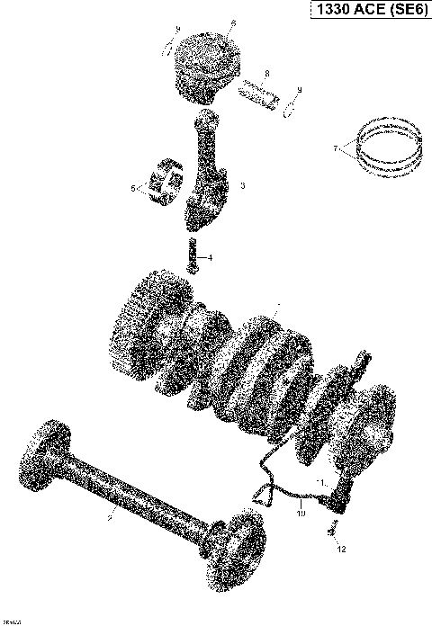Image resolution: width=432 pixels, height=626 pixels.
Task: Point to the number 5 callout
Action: tap(133, 189)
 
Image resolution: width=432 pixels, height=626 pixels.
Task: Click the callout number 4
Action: tap(211, 258)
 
